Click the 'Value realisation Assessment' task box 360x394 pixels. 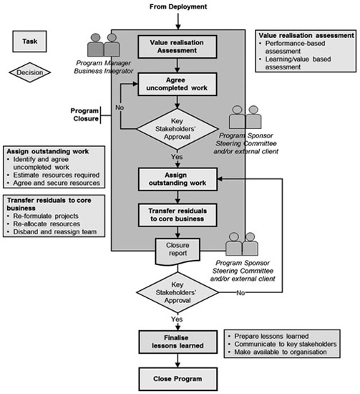click(177, 47)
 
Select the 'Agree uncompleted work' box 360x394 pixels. click(177, 85)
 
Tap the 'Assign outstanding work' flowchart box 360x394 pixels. click(177, 179)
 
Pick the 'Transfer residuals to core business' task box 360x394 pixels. click(177, 215)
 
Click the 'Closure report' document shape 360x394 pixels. click(177, 251)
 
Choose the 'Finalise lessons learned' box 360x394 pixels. click(178, 342)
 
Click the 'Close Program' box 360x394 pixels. click(178, 379)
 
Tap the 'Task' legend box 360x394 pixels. click(29, 42)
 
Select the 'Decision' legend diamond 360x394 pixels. click(30, 72)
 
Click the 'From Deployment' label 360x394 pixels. click(178, 6)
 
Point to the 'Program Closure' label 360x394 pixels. click(84, 115)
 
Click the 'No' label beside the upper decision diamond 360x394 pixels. click(120, 107)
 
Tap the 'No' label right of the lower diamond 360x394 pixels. click(240, 293)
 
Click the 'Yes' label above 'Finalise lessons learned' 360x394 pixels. click(177, 319)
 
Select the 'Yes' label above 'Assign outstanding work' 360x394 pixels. click(177, 157)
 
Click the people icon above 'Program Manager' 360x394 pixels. click(104, 44)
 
